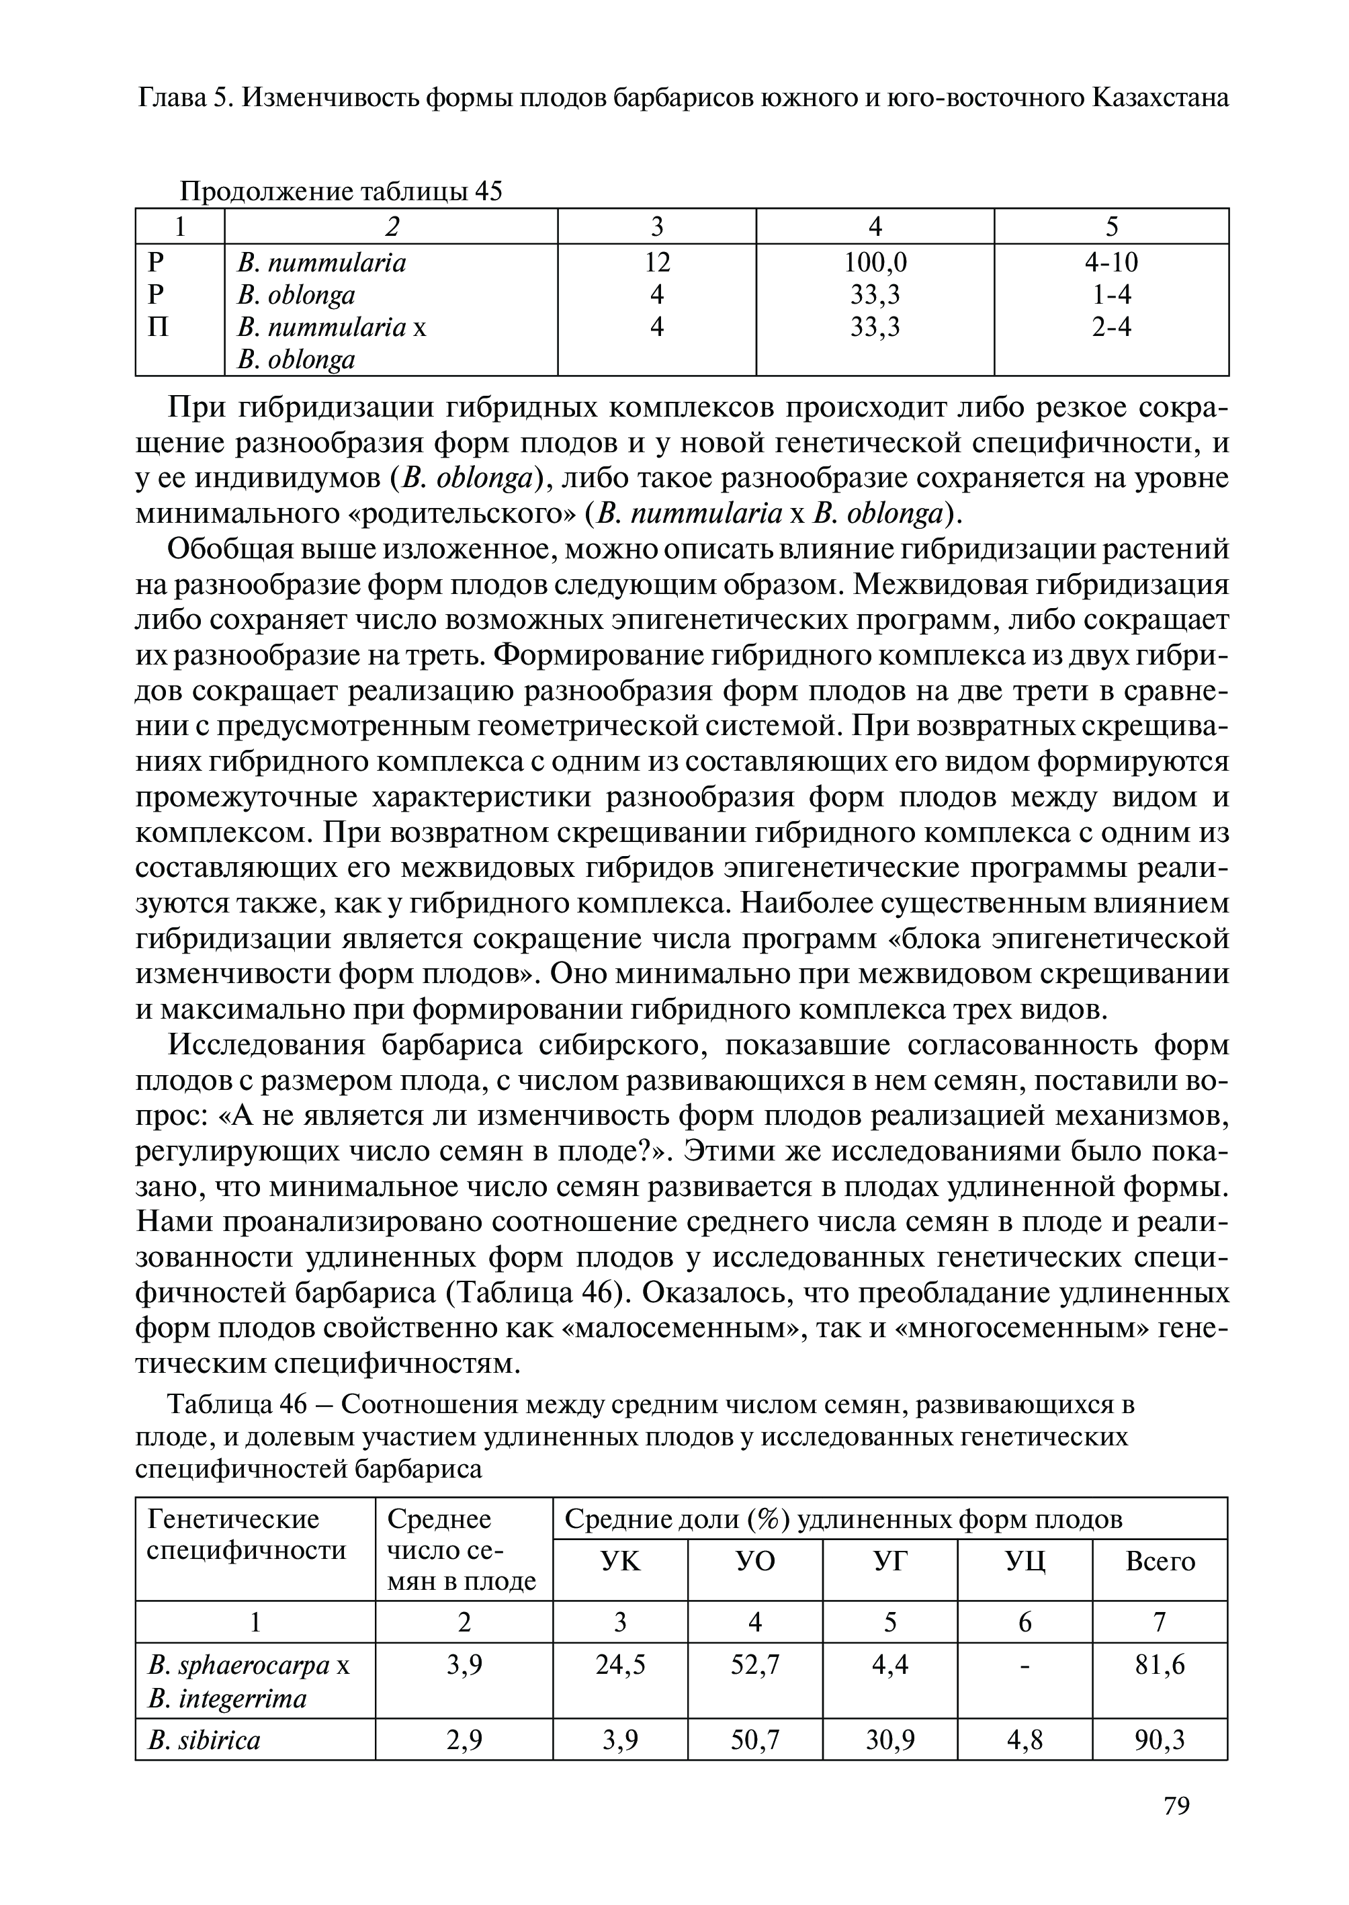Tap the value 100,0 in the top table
[x=875, y=263]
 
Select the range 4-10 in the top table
[x=1111, y=263]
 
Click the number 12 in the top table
[x=657, y=263]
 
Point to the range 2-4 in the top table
[x=1111, y=327]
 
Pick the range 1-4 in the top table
[x=1111, y=295]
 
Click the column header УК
[x=621, y=1562]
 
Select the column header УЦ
[x=1025, y=1562]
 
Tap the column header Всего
[x=1160, y=1562]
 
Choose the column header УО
[x=755, y=1562]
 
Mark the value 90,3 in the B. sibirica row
[x=1160, y=1740]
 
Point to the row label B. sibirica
[x=204, y=1740]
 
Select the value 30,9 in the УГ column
[x=889, y=1740]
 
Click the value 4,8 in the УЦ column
[x=1025, y=1740]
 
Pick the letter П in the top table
[x=158, y=327]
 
